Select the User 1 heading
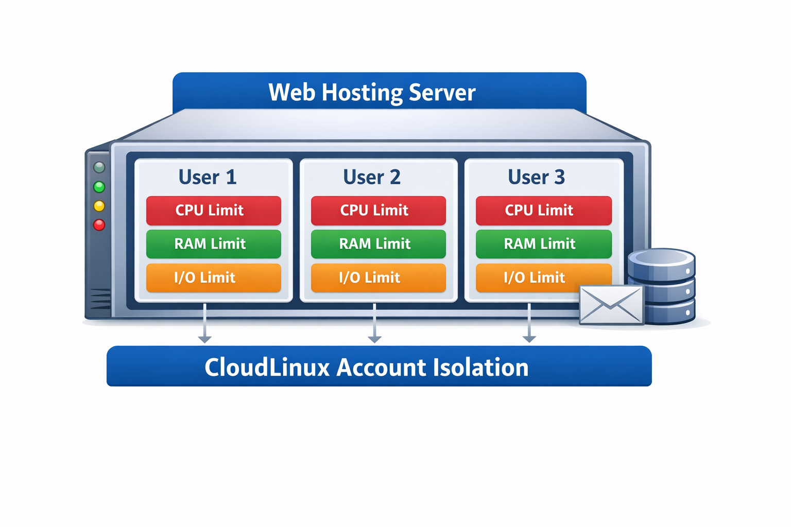208,177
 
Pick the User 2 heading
372,177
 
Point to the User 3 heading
537,177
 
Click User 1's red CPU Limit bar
213,210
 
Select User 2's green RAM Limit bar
378,244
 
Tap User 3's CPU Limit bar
543,210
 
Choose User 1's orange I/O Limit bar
213,278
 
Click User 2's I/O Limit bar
378,278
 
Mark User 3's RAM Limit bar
543,244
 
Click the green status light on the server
99,187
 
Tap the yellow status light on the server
99,206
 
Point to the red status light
99,225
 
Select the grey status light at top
99,167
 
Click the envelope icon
611,305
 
